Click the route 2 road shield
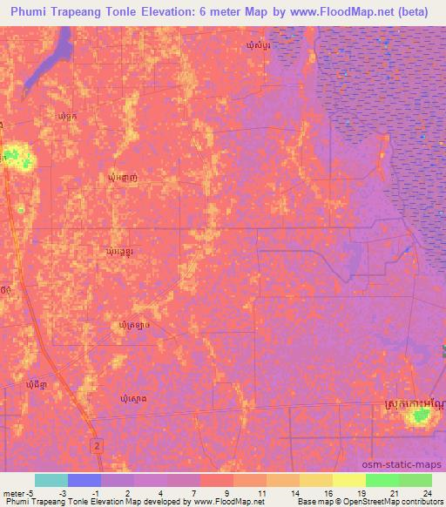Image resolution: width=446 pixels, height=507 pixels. coord(97,445)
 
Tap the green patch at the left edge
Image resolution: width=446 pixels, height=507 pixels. coord(14,158)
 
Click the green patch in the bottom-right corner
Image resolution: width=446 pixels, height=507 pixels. coord(421,417)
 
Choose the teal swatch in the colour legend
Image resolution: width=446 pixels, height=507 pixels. coord(51,480)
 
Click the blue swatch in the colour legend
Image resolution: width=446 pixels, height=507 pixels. coord(84,480)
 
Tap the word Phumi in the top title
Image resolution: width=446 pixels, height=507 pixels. coord(29,11)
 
